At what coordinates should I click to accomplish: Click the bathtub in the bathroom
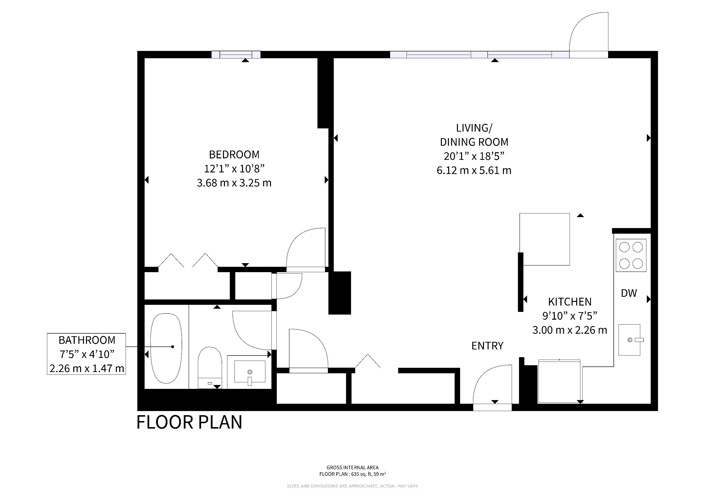pos(166,348)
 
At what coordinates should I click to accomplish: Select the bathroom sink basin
pos(250,372)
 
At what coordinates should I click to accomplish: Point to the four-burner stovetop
pos(631,255)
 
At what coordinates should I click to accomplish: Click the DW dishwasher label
pos(629,293)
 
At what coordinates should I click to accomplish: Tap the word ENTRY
pos(487,346)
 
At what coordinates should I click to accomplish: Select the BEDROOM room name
pos(234,154)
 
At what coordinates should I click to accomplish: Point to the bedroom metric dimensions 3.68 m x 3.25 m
pos(234,183)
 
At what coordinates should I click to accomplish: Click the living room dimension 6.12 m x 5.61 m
pos(474,170)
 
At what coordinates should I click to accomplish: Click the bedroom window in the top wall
pos(236,55)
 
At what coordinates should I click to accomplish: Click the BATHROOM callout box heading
pos(87,340)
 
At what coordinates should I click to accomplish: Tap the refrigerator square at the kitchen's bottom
pos(559,381)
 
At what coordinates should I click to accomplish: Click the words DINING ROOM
pos(474,142)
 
